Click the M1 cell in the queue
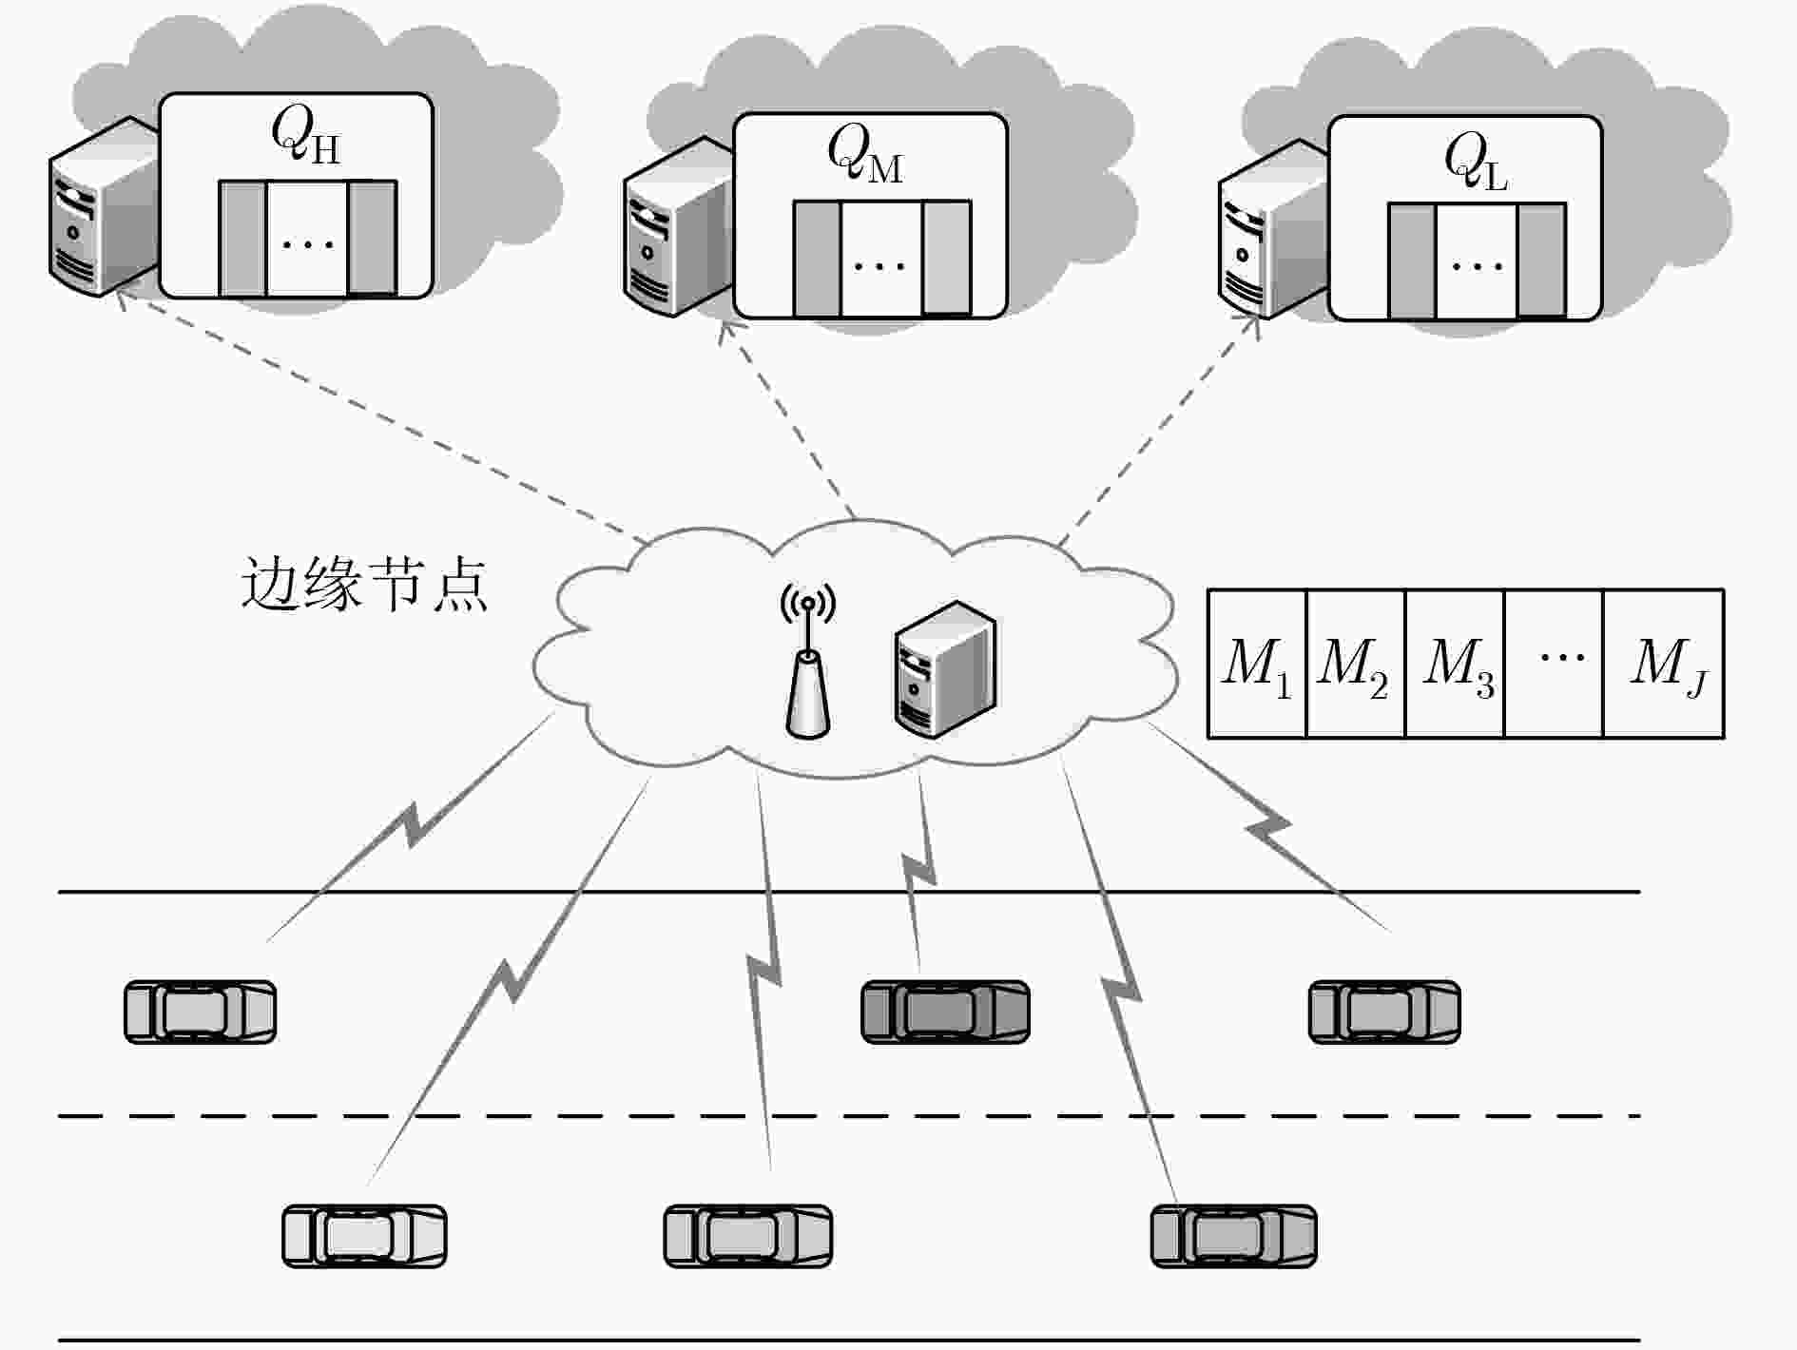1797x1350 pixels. pyautogui.click(x=1257, y=664)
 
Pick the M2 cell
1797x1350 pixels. pyautogui.click(x=1356, y=664)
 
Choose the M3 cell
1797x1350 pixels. pyautogui.click(x=1455, y=664)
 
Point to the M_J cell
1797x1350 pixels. pyautogui.click(x=1664, y=664)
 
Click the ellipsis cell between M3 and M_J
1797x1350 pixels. pyautogui.click(x=1555, y=664)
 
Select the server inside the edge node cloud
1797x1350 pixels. pyautogui.click(x=945, y=669)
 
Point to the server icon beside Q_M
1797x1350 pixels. pyautogui.click(x=678, y=226)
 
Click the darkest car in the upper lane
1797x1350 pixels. pyautogui.click(x=945, y=1012)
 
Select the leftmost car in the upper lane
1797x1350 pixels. pyautogui.click(x=201, y=1012)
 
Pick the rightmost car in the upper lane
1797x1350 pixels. pyautogui.click(x=1384, y=1012)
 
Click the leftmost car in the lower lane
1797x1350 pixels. pyautogui.click(x=364, y=1236)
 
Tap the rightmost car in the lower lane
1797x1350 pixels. pyautogui.click(x=1234, y=1236)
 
